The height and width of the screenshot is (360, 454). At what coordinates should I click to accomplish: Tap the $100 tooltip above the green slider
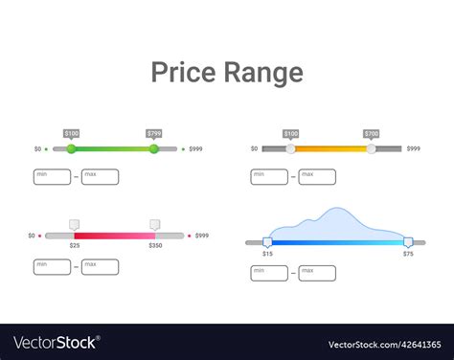pyautogui.click(x=72, y=134)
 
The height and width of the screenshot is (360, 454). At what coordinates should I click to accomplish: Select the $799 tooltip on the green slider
pyautogui.click(x=153, y=134)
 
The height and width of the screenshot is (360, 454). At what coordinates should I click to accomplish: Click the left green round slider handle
pyautogui.click(x=71, y=148)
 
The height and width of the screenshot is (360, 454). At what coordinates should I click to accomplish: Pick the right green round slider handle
pyautogui.click(x=153, y=148)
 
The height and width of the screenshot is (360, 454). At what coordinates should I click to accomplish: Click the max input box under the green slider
pyautogui.click(x=101, y=176)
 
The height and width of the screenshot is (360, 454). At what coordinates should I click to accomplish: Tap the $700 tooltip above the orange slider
pyautogui.click(x=372, y=134)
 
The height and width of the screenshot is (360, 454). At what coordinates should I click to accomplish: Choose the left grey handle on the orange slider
pyautogui.click(x=291, y=148)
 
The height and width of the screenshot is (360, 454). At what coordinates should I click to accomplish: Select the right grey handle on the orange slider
pyautogui.click(x=372, y=148)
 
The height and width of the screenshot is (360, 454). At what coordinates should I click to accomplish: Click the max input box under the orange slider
pyautogui.click(x=317, y=176)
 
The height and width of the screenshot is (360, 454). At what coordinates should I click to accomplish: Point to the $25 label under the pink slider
pyautogui.click(x=75, y=246)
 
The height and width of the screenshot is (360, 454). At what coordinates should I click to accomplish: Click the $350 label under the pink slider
pyautogui.click(x=155, y=246)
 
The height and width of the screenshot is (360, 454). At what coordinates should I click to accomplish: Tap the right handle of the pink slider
pyautogui.click(x=155, y=225)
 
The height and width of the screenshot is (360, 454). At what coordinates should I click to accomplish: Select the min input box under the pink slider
pyautogui.click(x=52, y=267)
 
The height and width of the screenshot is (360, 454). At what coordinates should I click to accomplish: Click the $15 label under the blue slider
pyautogui.click(x=267, y=254)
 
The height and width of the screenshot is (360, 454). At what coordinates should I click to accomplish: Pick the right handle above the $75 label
pyautogui.click(x=408, y=242)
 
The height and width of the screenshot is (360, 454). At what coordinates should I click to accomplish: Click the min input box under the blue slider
pyautogui.click(x=268, y=274)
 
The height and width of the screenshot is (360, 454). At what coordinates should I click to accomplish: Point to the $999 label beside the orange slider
pyautogui.click(x=414, y=148)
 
